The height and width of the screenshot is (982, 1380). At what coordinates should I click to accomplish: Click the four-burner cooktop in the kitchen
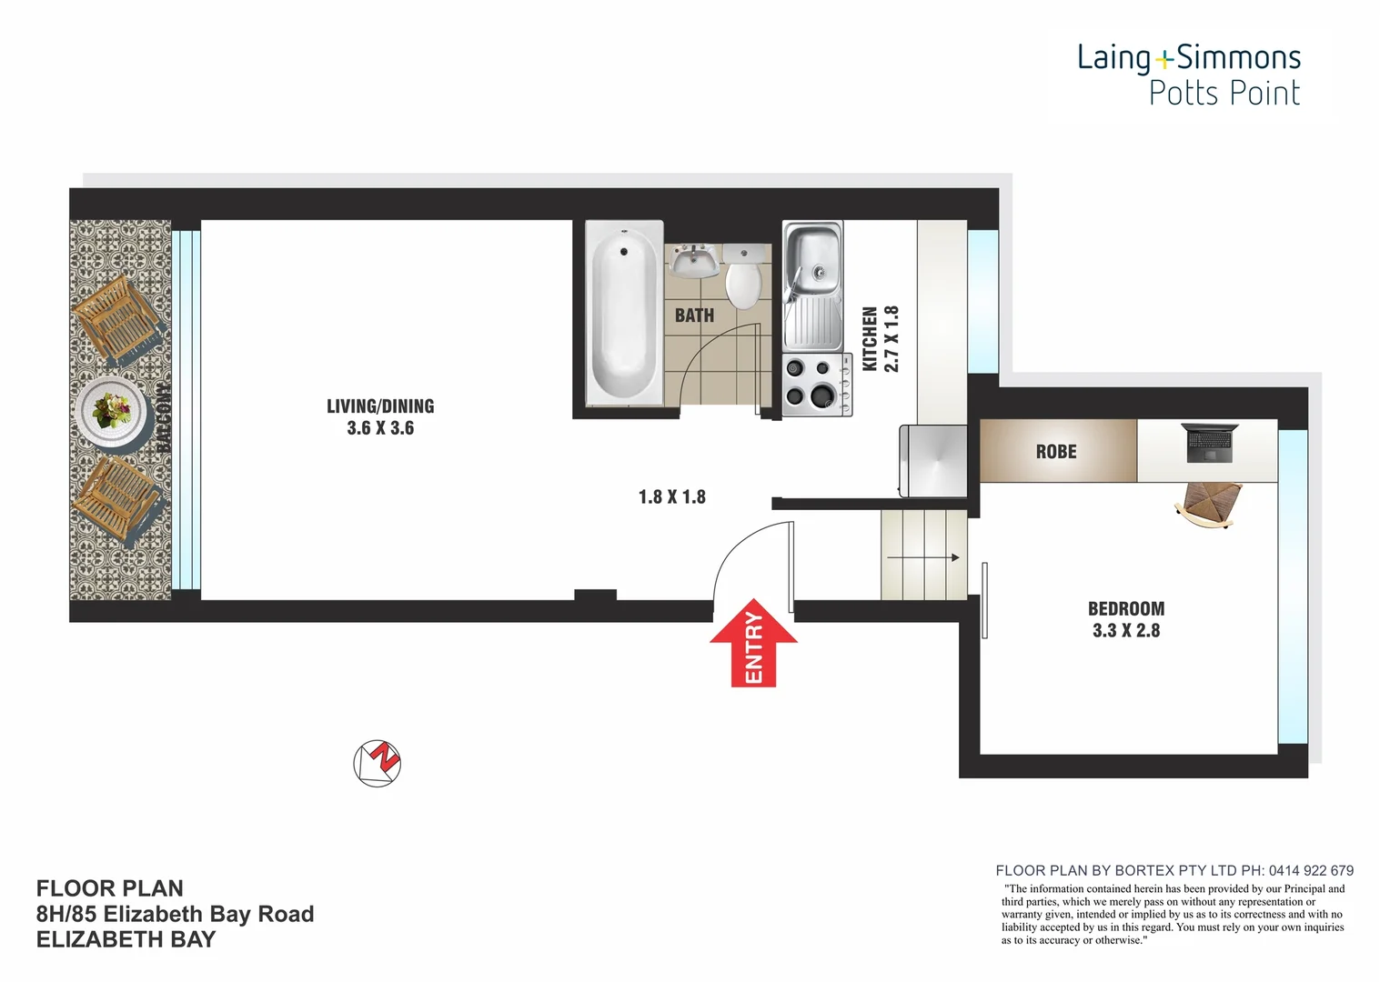tap(814, 383)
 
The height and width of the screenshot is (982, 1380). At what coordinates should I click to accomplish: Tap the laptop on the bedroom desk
tap(1208, 443)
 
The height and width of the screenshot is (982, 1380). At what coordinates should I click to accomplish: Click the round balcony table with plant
tap(112, 411)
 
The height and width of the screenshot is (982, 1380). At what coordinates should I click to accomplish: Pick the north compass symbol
tap(377, 763)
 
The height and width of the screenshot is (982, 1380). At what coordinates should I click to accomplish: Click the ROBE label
tap(1056, 452)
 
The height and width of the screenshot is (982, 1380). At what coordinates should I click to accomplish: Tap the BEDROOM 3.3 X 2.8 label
tap(1126, 619)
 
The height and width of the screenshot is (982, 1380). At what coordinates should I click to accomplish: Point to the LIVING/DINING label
tap(380, 417)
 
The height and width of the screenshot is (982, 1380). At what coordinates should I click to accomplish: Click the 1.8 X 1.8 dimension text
tap(671, 497)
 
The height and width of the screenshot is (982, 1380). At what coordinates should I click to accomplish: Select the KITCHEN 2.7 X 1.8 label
tap(880, 338)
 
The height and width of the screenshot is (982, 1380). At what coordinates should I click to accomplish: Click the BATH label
tap(694, 316)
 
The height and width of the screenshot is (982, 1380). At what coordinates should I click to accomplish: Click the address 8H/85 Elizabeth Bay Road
tap(175, 915)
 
